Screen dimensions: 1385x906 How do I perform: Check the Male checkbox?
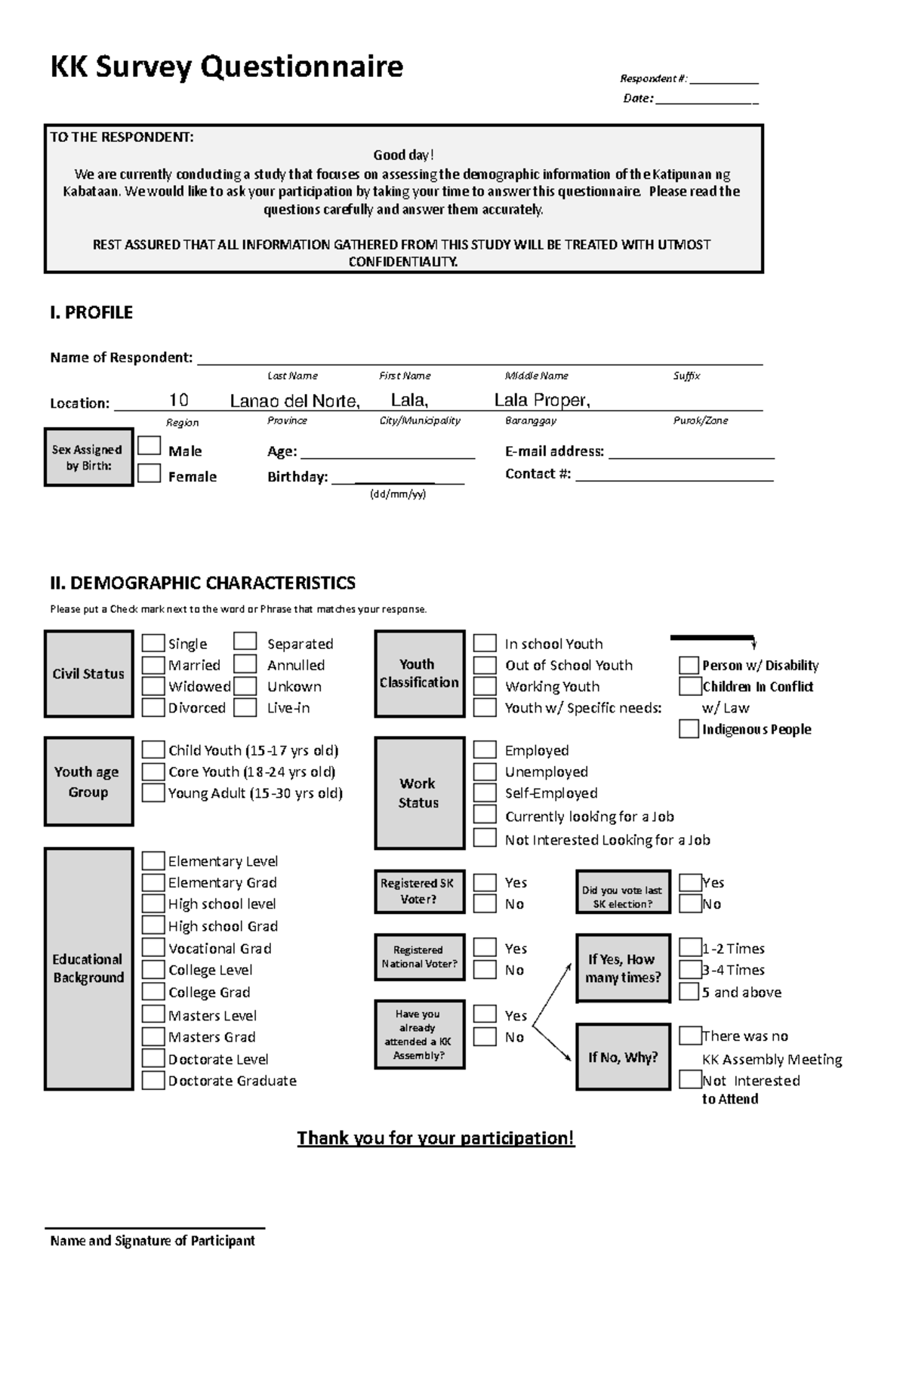(149, 446)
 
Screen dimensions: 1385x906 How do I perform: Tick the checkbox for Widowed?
(153, 686)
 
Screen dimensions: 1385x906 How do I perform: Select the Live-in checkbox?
(245, 707)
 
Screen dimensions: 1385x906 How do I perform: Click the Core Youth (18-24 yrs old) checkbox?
(153, 771)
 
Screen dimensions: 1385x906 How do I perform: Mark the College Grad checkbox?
(153, 991)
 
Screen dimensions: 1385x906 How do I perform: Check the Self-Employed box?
(485, 793)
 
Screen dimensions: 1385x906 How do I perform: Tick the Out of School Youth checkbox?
(485, 665)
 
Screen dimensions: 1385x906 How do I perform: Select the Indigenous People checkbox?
(688, 728)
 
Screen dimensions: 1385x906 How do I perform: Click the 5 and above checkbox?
(689, 991)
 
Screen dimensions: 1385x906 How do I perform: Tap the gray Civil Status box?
(88, 674)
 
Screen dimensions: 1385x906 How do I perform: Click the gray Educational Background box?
(88, 968)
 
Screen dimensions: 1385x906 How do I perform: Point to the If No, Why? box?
(623, 1057)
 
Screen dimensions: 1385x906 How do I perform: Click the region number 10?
(178, 400)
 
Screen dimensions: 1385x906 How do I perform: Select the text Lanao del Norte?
(294, 401)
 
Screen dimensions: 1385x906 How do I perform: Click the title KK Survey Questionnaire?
(226, 67)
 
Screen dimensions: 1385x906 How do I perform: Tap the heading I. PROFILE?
(91, 312)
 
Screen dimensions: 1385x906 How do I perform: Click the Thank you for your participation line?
(436, 1137)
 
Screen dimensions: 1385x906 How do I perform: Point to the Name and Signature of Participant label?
(153, 1240)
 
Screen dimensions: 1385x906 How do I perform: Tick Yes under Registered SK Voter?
(485, 882)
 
